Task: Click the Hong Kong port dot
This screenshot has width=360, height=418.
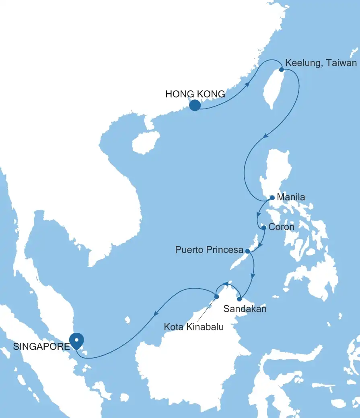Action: pos(195,105)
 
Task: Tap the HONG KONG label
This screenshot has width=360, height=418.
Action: pos(195,94)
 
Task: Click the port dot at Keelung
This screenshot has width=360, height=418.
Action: pos(282,70)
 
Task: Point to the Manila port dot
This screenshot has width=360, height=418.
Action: pos(272,198)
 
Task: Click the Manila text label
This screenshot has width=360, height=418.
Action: pos(291,197)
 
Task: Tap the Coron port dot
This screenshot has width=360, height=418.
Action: pos(263,227)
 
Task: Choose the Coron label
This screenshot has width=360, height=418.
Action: pos(281,227)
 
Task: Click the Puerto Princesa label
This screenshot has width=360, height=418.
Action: pos(209,250)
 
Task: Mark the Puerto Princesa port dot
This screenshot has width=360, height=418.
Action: pos(247,251)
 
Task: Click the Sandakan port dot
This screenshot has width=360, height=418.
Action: pos(239,299)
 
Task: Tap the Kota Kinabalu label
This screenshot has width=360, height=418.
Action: pos(193,327)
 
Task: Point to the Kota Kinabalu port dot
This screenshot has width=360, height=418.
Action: pos(216,297)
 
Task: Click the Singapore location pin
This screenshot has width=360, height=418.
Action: pos(76,340)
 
